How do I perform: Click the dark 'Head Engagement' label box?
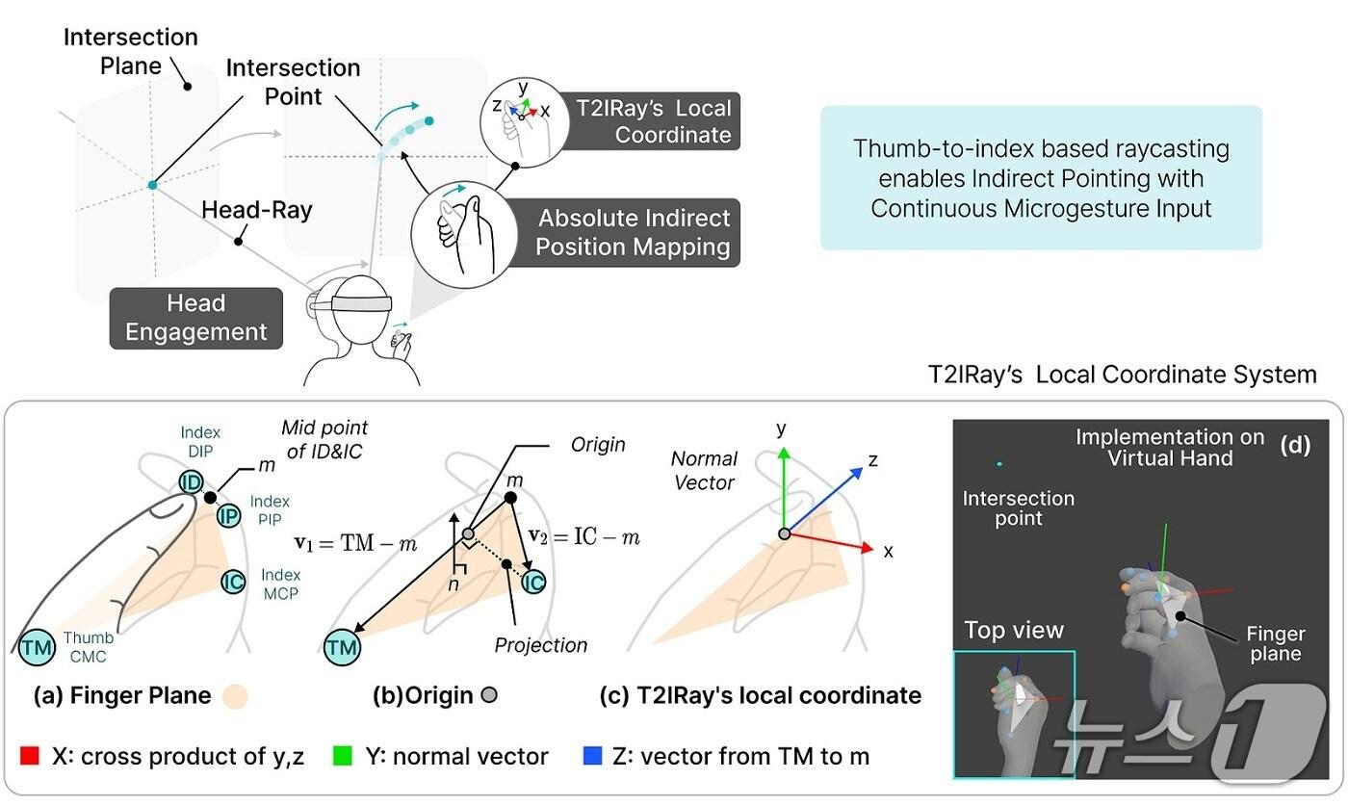point(196,318)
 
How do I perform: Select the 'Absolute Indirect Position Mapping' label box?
point(633,233)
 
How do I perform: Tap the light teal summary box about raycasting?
point(1040,178)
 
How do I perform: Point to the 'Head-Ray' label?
point(256,209)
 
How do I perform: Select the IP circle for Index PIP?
point(228,517)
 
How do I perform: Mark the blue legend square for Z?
point(594,757)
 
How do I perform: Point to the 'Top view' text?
point(1014,631)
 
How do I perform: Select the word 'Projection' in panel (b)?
point(541,645)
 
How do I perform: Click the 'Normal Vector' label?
point(704,470)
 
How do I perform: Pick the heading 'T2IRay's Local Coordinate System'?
point(1122,375)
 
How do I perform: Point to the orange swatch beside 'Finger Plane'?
point(234,695)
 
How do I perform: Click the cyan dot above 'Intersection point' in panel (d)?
point(1001,464)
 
